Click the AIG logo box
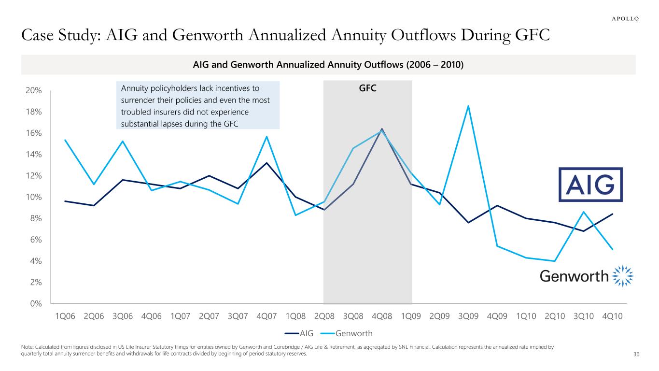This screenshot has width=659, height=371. [x=590, y=185]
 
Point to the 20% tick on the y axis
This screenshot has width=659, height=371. [x=34, y=91]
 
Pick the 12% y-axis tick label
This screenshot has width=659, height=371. [x=34, y=176]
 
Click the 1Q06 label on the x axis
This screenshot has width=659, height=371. [x=65, y=316]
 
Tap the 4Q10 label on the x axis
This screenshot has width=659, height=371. [x=613, y=316]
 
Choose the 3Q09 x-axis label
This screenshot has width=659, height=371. [x=468, y=316]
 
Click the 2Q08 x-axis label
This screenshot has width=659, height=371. [x=324, y=316]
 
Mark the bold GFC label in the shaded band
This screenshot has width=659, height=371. [x=367, y=89]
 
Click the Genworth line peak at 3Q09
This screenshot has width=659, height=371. [x=468, y=106]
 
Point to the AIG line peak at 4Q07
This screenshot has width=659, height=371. [x=266, y=163]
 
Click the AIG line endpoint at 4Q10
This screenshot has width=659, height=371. [x=613, y=214]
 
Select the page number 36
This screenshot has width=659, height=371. [x=636, y=356]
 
